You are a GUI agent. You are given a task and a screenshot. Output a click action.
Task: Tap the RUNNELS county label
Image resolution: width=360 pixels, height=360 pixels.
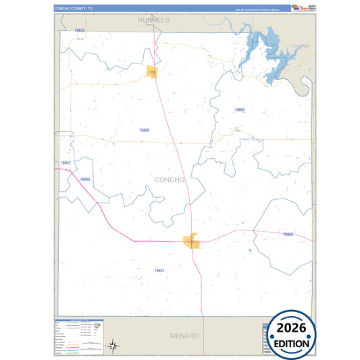153,20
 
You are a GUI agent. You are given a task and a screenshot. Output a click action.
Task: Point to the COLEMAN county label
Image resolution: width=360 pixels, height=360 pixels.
299,46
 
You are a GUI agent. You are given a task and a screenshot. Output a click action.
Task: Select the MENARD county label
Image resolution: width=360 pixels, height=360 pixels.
184,336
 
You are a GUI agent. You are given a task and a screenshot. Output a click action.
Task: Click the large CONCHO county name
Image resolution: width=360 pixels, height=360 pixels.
170,180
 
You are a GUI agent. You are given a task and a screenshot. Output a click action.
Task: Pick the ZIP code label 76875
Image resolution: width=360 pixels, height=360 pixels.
80,31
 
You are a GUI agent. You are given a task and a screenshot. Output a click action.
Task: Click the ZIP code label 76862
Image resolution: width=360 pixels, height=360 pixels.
240,109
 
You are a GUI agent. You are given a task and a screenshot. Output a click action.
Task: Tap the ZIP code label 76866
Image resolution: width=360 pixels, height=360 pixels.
144,130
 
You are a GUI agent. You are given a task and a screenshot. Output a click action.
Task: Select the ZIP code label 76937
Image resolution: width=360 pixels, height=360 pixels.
66,163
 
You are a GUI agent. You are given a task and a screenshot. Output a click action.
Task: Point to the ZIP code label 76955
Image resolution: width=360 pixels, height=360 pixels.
84,180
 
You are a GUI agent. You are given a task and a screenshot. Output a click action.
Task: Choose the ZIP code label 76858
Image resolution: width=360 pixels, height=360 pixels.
288,234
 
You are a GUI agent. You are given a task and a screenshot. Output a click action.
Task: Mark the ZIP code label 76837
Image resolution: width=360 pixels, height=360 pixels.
159,270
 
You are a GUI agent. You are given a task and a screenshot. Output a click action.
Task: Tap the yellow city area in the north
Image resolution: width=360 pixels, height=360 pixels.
153,71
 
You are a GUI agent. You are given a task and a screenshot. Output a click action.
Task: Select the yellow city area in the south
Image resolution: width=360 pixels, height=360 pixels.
192,241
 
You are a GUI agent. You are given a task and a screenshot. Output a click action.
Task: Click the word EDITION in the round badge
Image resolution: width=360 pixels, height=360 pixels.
292,343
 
